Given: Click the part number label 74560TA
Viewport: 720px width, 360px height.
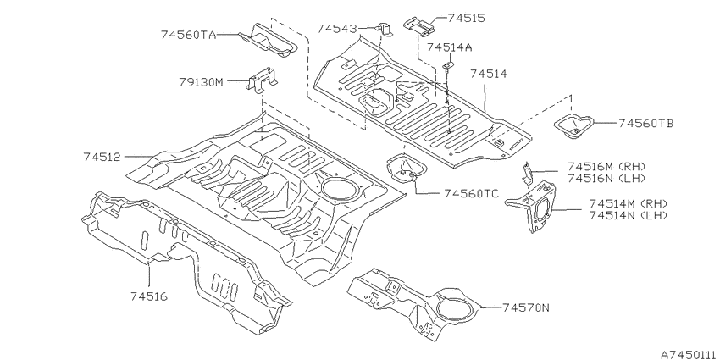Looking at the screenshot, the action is click(188, 35).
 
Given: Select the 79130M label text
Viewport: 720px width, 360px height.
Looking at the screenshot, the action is click(201, 83).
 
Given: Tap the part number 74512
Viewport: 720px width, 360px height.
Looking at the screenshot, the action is click(102, 157).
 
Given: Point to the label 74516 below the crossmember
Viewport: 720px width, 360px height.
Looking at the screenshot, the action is click(149, 296).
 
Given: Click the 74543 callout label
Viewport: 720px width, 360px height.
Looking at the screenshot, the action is click(336, 29).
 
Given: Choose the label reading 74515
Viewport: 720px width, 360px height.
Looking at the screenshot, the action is click(466, 18).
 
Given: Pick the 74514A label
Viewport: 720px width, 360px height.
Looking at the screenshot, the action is click(450, 47).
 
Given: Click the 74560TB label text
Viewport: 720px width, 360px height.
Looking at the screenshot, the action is click(646, 123).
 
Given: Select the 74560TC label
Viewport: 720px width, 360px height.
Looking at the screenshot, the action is click(471, 194).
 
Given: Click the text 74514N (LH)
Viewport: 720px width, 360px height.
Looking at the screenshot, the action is click(629, 215).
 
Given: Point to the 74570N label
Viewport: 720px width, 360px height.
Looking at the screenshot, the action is click(525, 307).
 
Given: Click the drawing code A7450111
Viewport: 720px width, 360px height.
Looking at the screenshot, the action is click(690, 354).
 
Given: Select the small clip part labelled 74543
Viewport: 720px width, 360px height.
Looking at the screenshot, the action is click(385, 30).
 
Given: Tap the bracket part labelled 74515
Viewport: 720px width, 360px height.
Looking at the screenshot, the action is click(419, 25).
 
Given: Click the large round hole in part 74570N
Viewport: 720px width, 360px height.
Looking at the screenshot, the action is click(456, 308).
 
